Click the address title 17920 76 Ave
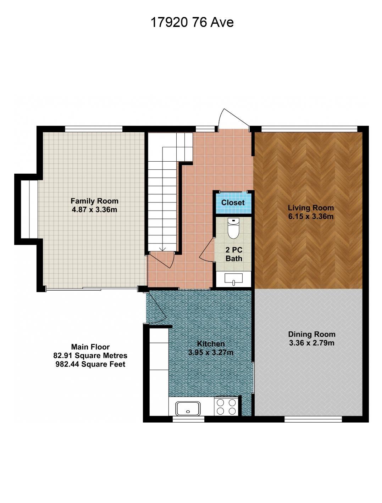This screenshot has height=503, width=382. point(192,22)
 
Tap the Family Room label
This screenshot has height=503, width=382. point(94,201)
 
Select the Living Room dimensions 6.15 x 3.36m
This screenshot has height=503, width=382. point(311,216)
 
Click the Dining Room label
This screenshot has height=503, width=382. point(312,334)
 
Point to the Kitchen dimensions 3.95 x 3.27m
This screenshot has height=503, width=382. point(211,352)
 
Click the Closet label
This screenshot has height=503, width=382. point(233,202)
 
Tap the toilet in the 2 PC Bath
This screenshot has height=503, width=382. point(233,228)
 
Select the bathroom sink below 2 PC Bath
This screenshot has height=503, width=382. point(233,279)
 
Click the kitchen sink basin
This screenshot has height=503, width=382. point(188,409)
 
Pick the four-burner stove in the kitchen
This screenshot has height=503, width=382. point(226,407)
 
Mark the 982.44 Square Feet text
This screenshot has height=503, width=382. point(90,364)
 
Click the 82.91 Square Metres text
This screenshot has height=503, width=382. point(90,356)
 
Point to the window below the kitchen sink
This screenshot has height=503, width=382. point(188,419)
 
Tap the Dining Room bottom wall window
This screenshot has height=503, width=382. point(313,419)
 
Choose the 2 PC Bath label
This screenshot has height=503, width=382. point(234,254)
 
